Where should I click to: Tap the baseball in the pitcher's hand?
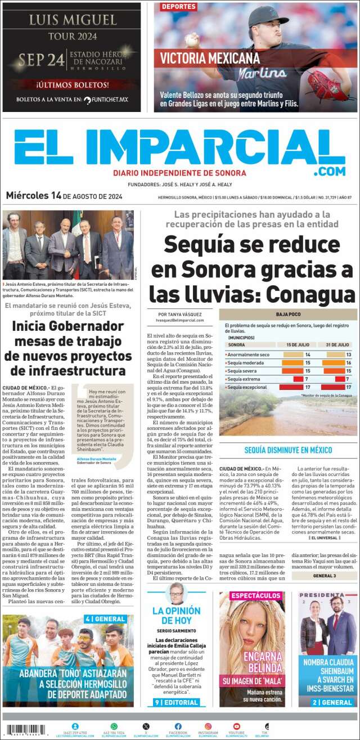(x=192, y=41)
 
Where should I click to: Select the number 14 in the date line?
(x=56, y=196)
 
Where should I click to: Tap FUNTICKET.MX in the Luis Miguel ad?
(x=110, y=100)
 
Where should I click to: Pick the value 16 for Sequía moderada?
(x=349, y=363)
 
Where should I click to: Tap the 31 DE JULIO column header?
(x=338, y=344)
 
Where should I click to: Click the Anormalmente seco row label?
(x=248, y=355)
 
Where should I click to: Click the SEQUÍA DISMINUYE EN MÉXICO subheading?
(x=288, y=450)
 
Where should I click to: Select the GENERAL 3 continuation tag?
(x=325, y=576)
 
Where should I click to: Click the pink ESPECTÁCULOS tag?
(x=248, y=595)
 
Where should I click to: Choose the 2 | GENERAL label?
(x=327, y=702)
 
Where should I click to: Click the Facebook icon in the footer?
(x=178, y=726)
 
